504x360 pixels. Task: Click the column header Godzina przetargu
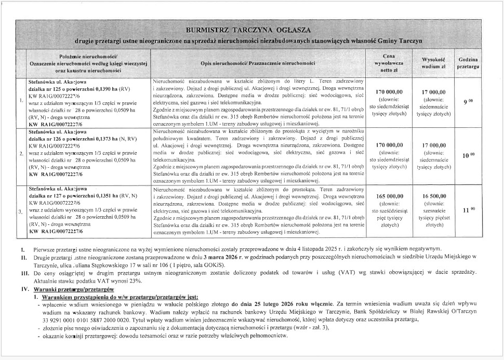(x=468, y=63)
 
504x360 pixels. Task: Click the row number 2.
(x=21, y=154)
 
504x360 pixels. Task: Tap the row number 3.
(x=21, y=211)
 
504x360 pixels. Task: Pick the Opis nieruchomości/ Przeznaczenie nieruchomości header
(x=258, y=63)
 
